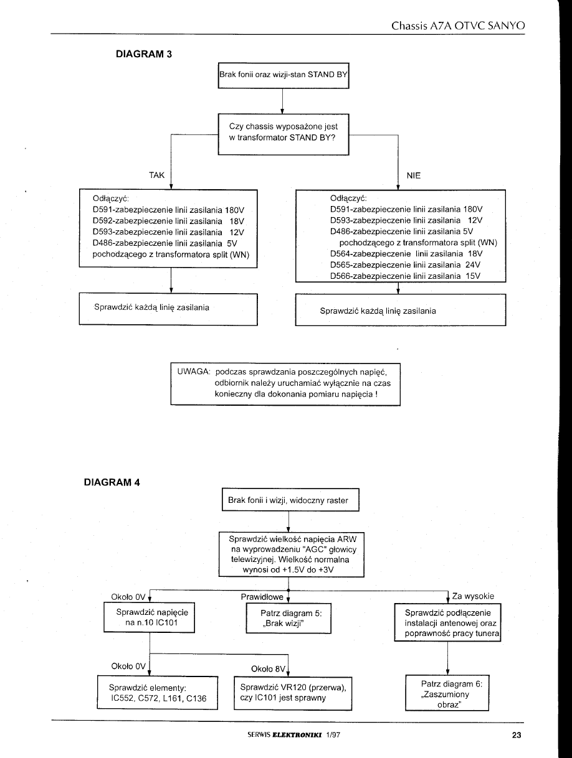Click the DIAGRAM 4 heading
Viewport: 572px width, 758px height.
112,482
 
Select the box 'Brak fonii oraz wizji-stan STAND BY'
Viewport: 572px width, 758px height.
283,76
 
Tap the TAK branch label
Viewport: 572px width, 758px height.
157,175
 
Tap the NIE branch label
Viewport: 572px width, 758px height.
414,175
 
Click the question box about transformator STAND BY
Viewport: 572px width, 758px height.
283,132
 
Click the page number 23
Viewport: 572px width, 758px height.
516,735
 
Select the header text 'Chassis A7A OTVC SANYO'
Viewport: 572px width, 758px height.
458,26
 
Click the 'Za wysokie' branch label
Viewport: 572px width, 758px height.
474,596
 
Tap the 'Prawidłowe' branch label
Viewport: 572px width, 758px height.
262,597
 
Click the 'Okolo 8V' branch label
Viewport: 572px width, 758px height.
267,669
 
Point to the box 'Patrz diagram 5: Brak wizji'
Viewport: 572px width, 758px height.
287,619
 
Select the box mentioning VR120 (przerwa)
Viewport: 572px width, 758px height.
293,693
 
